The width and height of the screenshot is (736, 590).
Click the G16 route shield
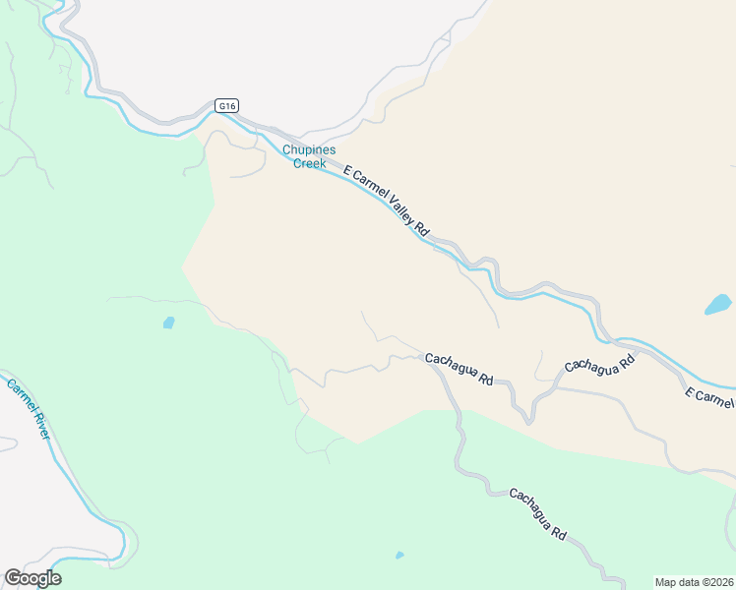[x=227, y=104]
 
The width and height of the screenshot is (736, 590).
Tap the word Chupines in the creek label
[x=310, y=150]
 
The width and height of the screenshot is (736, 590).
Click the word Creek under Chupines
[x=310, y=163]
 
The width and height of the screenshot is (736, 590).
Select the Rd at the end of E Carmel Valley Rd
[x=422, y=229]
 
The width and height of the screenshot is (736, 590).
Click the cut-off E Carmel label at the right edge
[x=709, y=398]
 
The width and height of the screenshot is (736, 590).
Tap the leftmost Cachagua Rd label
[x=459, y=369]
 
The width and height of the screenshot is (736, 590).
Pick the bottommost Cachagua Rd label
[x=537, y=514]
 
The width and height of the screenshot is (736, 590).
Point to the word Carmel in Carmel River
[x=20, y=395]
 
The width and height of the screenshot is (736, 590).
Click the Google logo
[x=32, y=578]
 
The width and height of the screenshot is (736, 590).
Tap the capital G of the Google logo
[x=12, y=578]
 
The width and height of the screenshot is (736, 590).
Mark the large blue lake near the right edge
[x=718, y=305]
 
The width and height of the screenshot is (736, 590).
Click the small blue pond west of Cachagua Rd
[x=168, y=323]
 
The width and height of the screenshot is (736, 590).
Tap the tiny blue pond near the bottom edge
[x=399, y=556]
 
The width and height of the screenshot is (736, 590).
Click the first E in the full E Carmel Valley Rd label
[x=346, y=170]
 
